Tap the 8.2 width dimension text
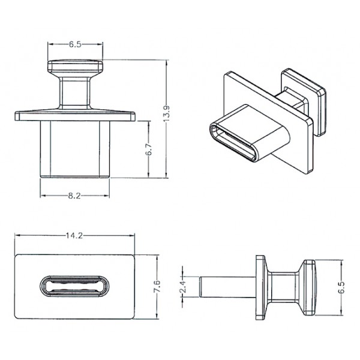(74, 196)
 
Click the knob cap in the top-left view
(75, 66)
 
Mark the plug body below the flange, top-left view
(75, 147)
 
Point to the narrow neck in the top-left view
(75, 91)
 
